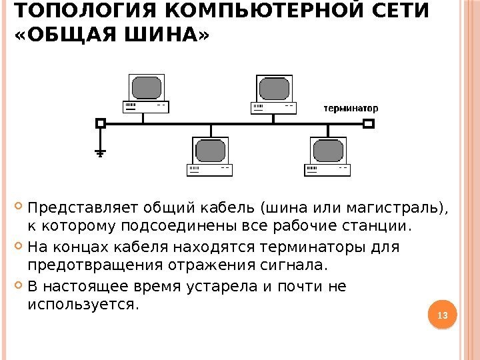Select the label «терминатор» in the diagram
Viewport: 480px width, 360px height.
click(x=351, y=107)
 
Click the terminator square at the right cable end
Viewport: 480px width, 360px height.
click(x=369, y=123)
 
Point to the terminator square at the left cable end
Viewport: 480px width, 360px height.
click(x=101, y=123)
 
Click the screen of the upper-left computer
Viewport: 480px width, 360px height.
click(x=147, y=87)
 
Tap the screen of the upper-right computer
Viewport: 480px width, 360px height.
click(x=274, y=87)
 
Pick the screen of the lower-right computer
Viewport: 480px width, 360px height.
click(x=329, y=150)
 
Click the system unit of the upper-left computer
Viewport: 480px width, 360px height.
click(x=146, y=107)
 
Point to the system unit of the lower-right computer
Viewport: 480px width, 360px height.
click(x=327, y=169)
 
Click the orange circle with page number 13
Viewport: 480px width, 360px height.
click(x=440, y=314)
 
